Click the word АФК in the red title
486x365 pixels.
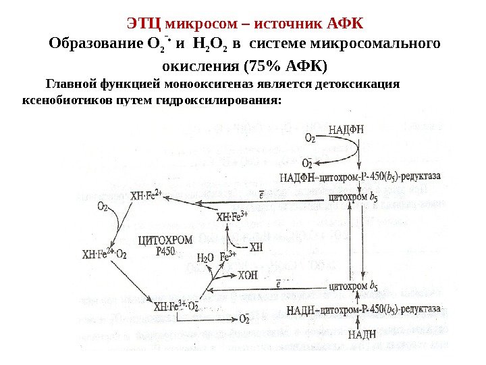coord(344,24)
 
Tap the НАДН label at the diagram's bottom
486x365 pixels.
coord(362,334)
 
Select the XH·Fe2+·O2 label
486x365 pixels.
coord(104,254)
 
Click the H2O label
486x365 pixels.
coord(205,257)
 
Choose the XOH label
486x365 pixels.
coord(248,275)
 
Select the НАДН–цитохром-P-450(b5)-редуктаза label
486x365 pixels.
coord(365,310)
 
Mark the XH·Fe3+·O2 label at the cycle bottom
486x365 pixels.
coord(175,306)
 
